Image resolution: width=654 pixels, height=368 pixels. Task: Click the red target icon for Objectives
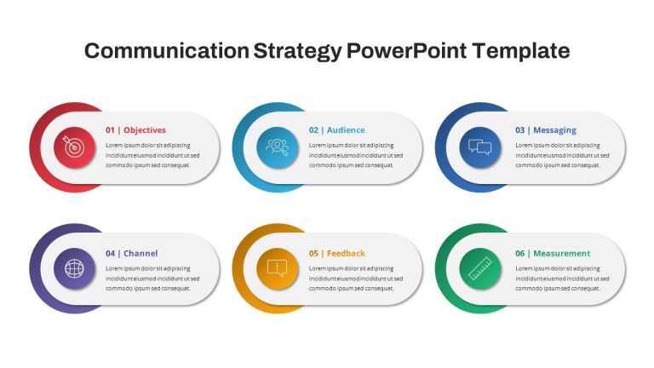74,147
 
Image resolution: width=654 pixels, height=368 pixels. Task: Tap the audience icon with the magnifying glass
278,147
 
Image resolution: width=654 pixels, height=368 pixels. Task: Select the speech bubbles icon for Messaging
480,147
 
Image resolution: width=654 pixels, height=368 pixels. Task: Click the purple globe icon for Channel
74,268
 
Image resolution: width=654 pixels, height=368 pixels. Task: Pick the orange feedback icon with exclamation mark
278,268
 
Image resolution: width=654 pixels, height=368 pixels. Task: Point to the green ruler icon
480,268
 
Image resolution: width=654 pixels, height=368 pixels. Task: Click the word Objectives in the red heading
145,130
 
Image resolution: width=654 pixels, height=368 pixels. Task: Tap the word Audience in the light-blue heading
346,130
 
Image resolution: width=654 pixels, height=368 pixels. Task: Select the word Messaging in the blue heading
554,130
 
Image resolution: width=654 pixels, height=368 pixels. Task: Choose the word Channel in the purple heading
141,253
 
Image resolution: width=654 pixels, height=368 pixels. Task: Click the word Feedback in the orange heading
346,253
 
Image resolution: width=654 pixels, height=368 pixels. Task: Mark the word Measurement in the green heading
562,253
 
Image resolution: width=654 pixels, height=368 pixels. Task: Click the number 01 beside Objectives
110,130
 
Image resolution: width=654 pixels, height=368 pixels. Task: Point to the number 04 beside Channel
110,253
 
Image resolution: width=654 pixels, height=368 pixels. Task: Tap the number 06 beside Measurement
520,253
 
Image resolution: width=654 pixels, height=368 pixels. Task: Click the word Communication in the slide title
167,51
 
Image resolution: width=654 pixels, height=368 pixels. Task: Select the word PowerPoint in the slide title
407,51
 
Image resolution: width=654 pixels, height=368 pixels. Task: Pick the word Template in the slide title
521,52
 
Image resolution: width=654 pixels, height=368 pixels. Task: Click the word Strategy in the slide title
297,52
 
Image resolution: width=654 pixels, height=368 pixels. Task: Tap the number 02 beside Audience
313,130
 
